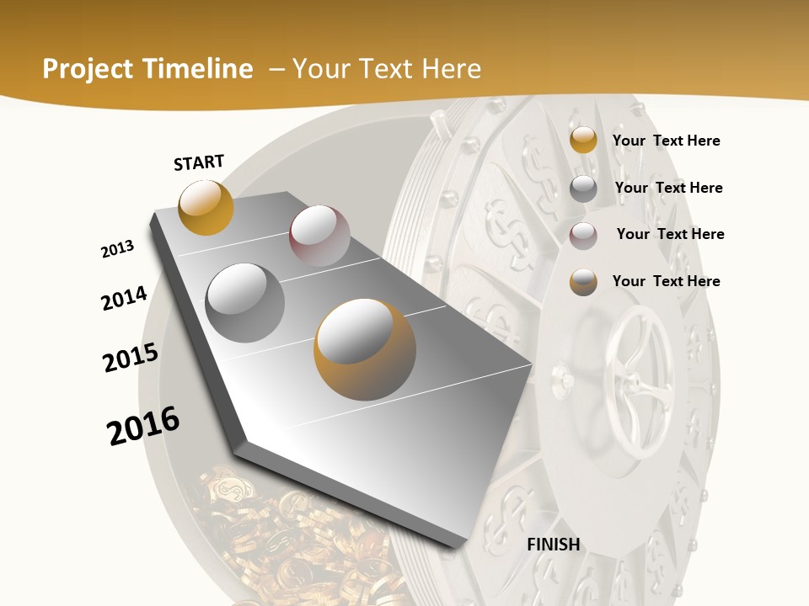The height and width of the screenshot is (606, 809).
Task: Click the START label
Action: click(x=199, y=162)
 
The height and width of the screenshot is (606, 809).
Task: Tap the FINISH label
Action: click(x=554, y=545)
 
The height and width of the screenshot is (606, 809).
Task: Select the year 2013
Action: click(x=117, y=249)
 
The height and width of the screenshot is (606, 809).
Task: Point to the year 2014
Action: click(x=124, y=299)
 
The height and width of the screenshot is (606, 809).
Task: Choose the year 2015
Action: click(x=131, y=358)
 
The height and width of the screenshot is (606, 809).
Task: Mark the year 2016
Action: click(x=143, y=426)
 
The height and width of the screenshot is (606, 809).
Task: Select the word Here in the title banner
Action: click(x=450, y=69)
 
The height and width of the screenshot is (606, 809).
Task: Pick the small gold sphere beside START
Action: click(x=206, y=207)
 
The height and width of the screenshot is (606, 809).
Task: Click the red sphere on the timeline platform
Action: click(x=319, y=236)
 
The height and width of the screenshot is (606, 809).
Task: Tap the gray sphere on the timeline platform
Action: click(x=245, y=303)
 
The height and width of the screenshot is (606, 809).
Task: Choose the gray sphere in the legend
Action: click(x=583, y=189)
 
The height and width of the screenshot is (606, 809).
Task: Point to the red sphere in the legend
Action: click(x=583, y=236)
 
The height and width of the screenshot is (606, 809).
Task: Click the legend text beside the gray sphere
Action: click(x=668, y=188)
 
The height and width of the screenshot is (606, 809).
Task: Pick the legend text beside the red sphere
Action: click(x=670, y=234)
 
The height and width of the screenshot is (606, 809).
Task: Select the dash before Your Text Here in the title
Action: click(x=276, y=69)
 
